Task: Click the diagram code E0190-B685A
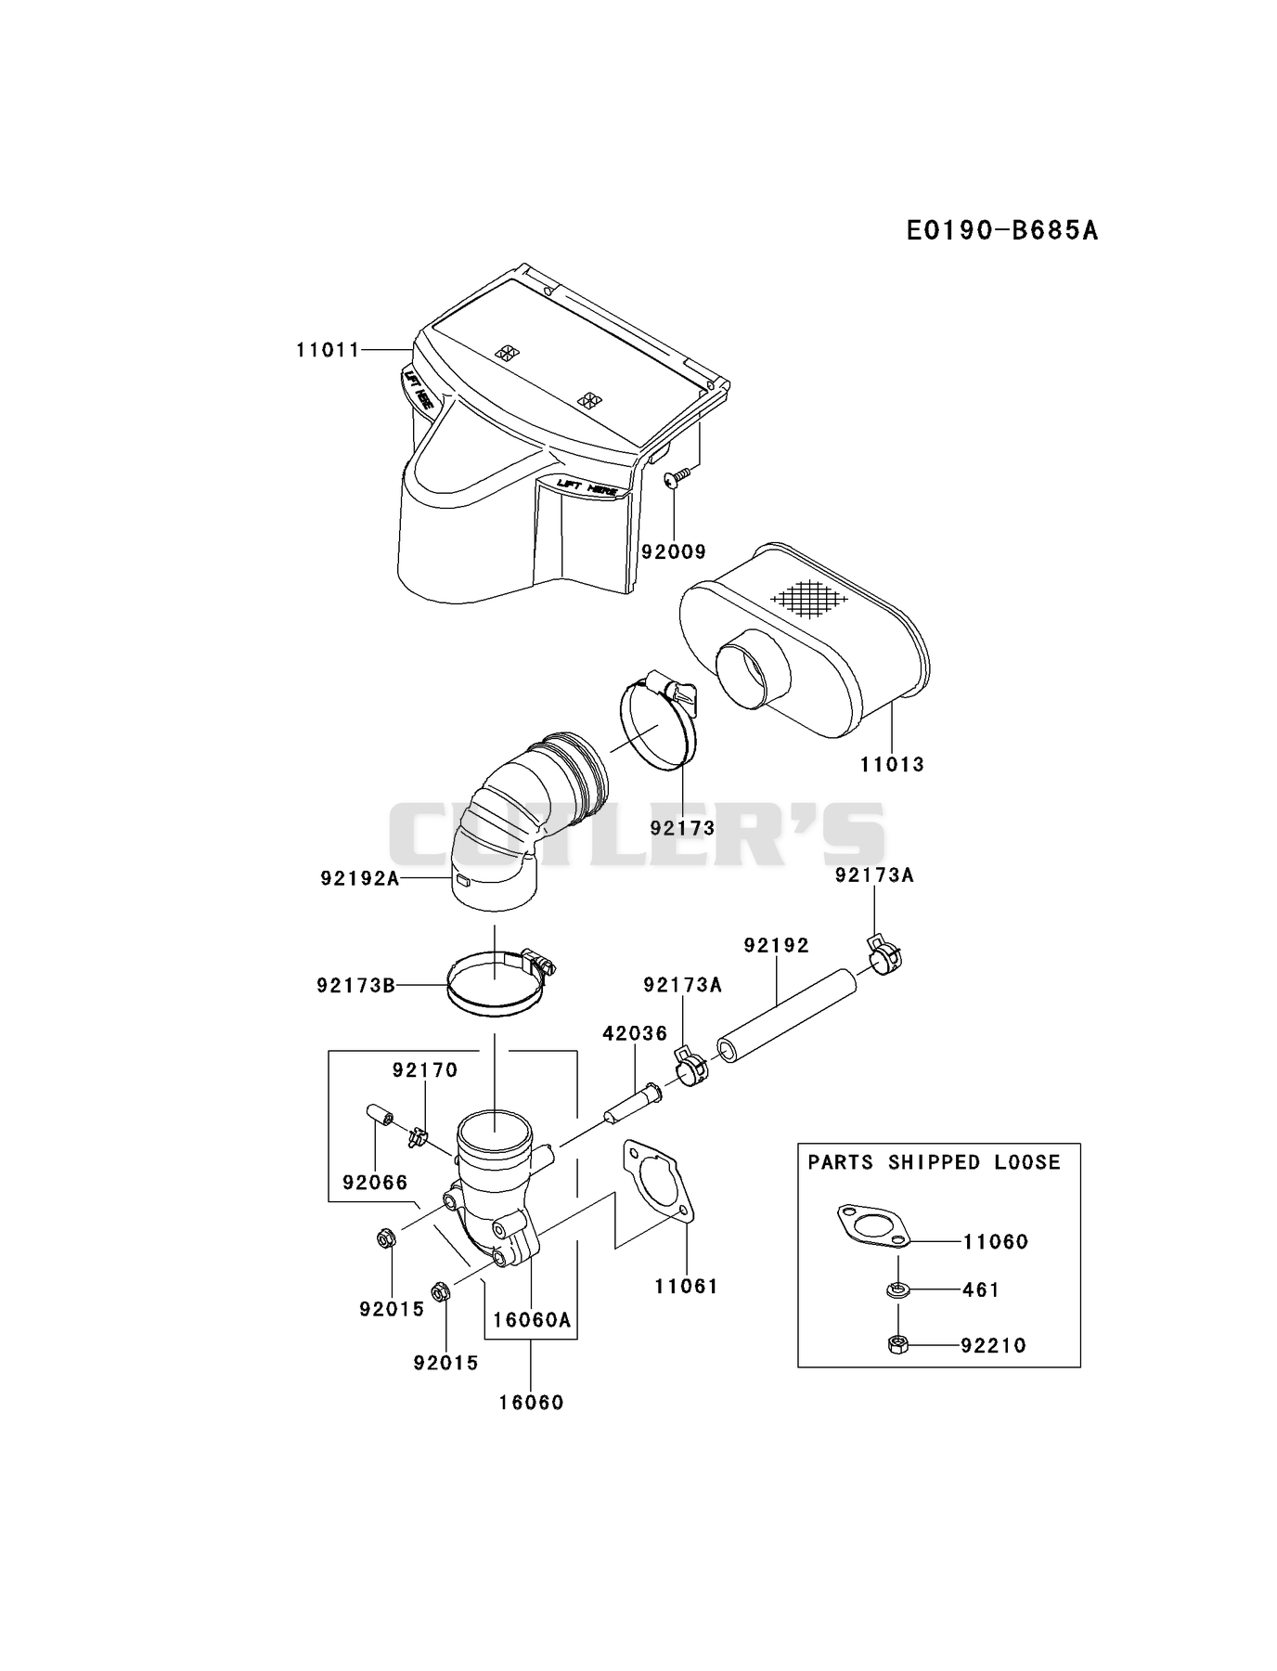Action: (x=1002, y=229)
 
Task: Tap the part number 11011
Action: (x=328, y=350)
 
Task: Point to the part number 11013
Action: (x=892, y=765)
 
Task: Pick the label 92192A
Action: (x=360, y=877)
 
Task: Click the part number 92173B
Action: (x=355, y=985)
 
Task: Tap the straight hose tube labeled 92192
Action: (x=786, y=1017)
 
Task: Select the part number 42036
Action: (x=635, y=1033)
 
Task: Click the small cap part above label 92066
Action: (x=379, y=1114)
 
